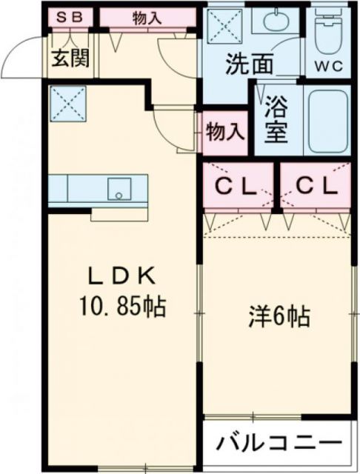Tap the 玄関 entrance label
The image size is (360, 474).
click(x=71, y=58)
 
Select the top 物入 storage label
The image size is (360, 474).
click(x=147, y=18)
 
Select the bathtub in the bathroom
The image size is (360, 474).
click(x=326, y=122)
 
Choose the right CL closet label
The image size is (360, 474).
click(x=314, y=186)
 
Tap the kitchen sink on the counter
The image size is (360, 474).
click(x=119, y=189)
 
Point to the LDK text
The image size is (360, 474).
click(x=121, y=276)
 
